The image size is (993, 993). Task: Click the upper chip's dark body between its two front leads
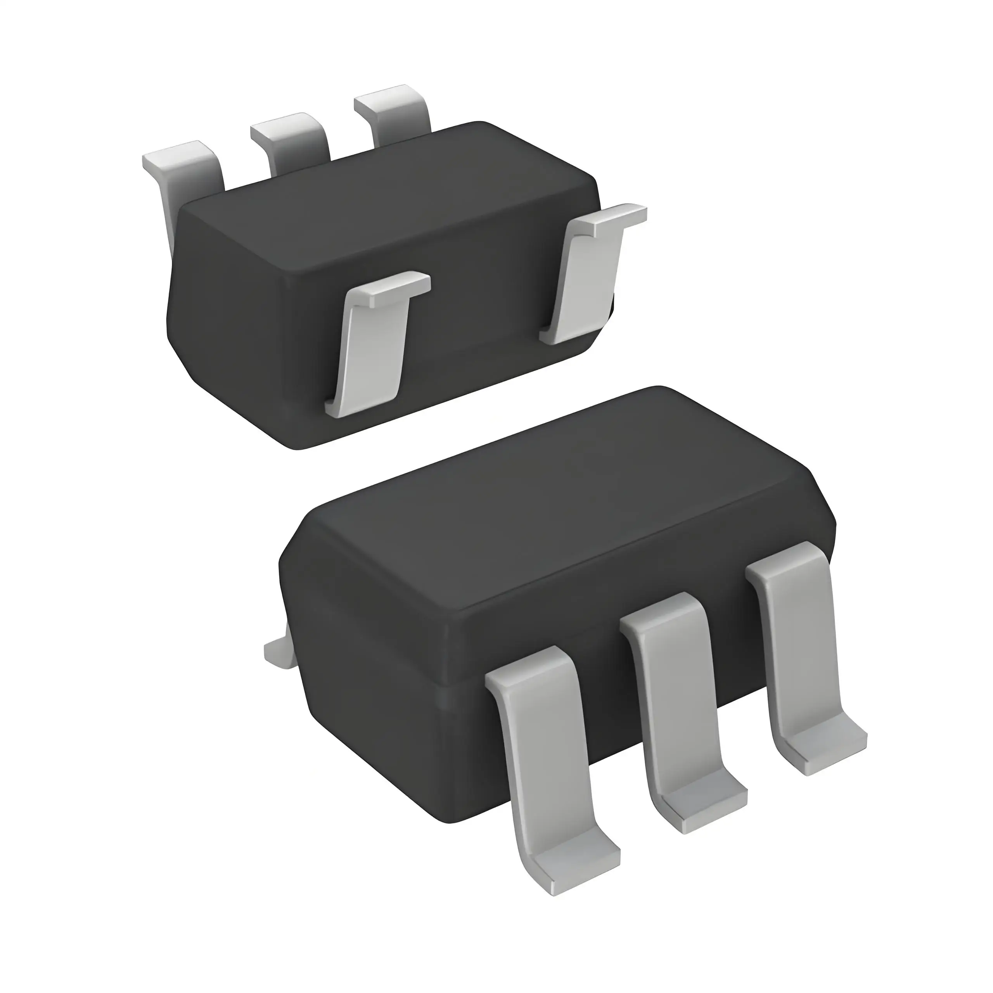[x=483, y=329]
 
